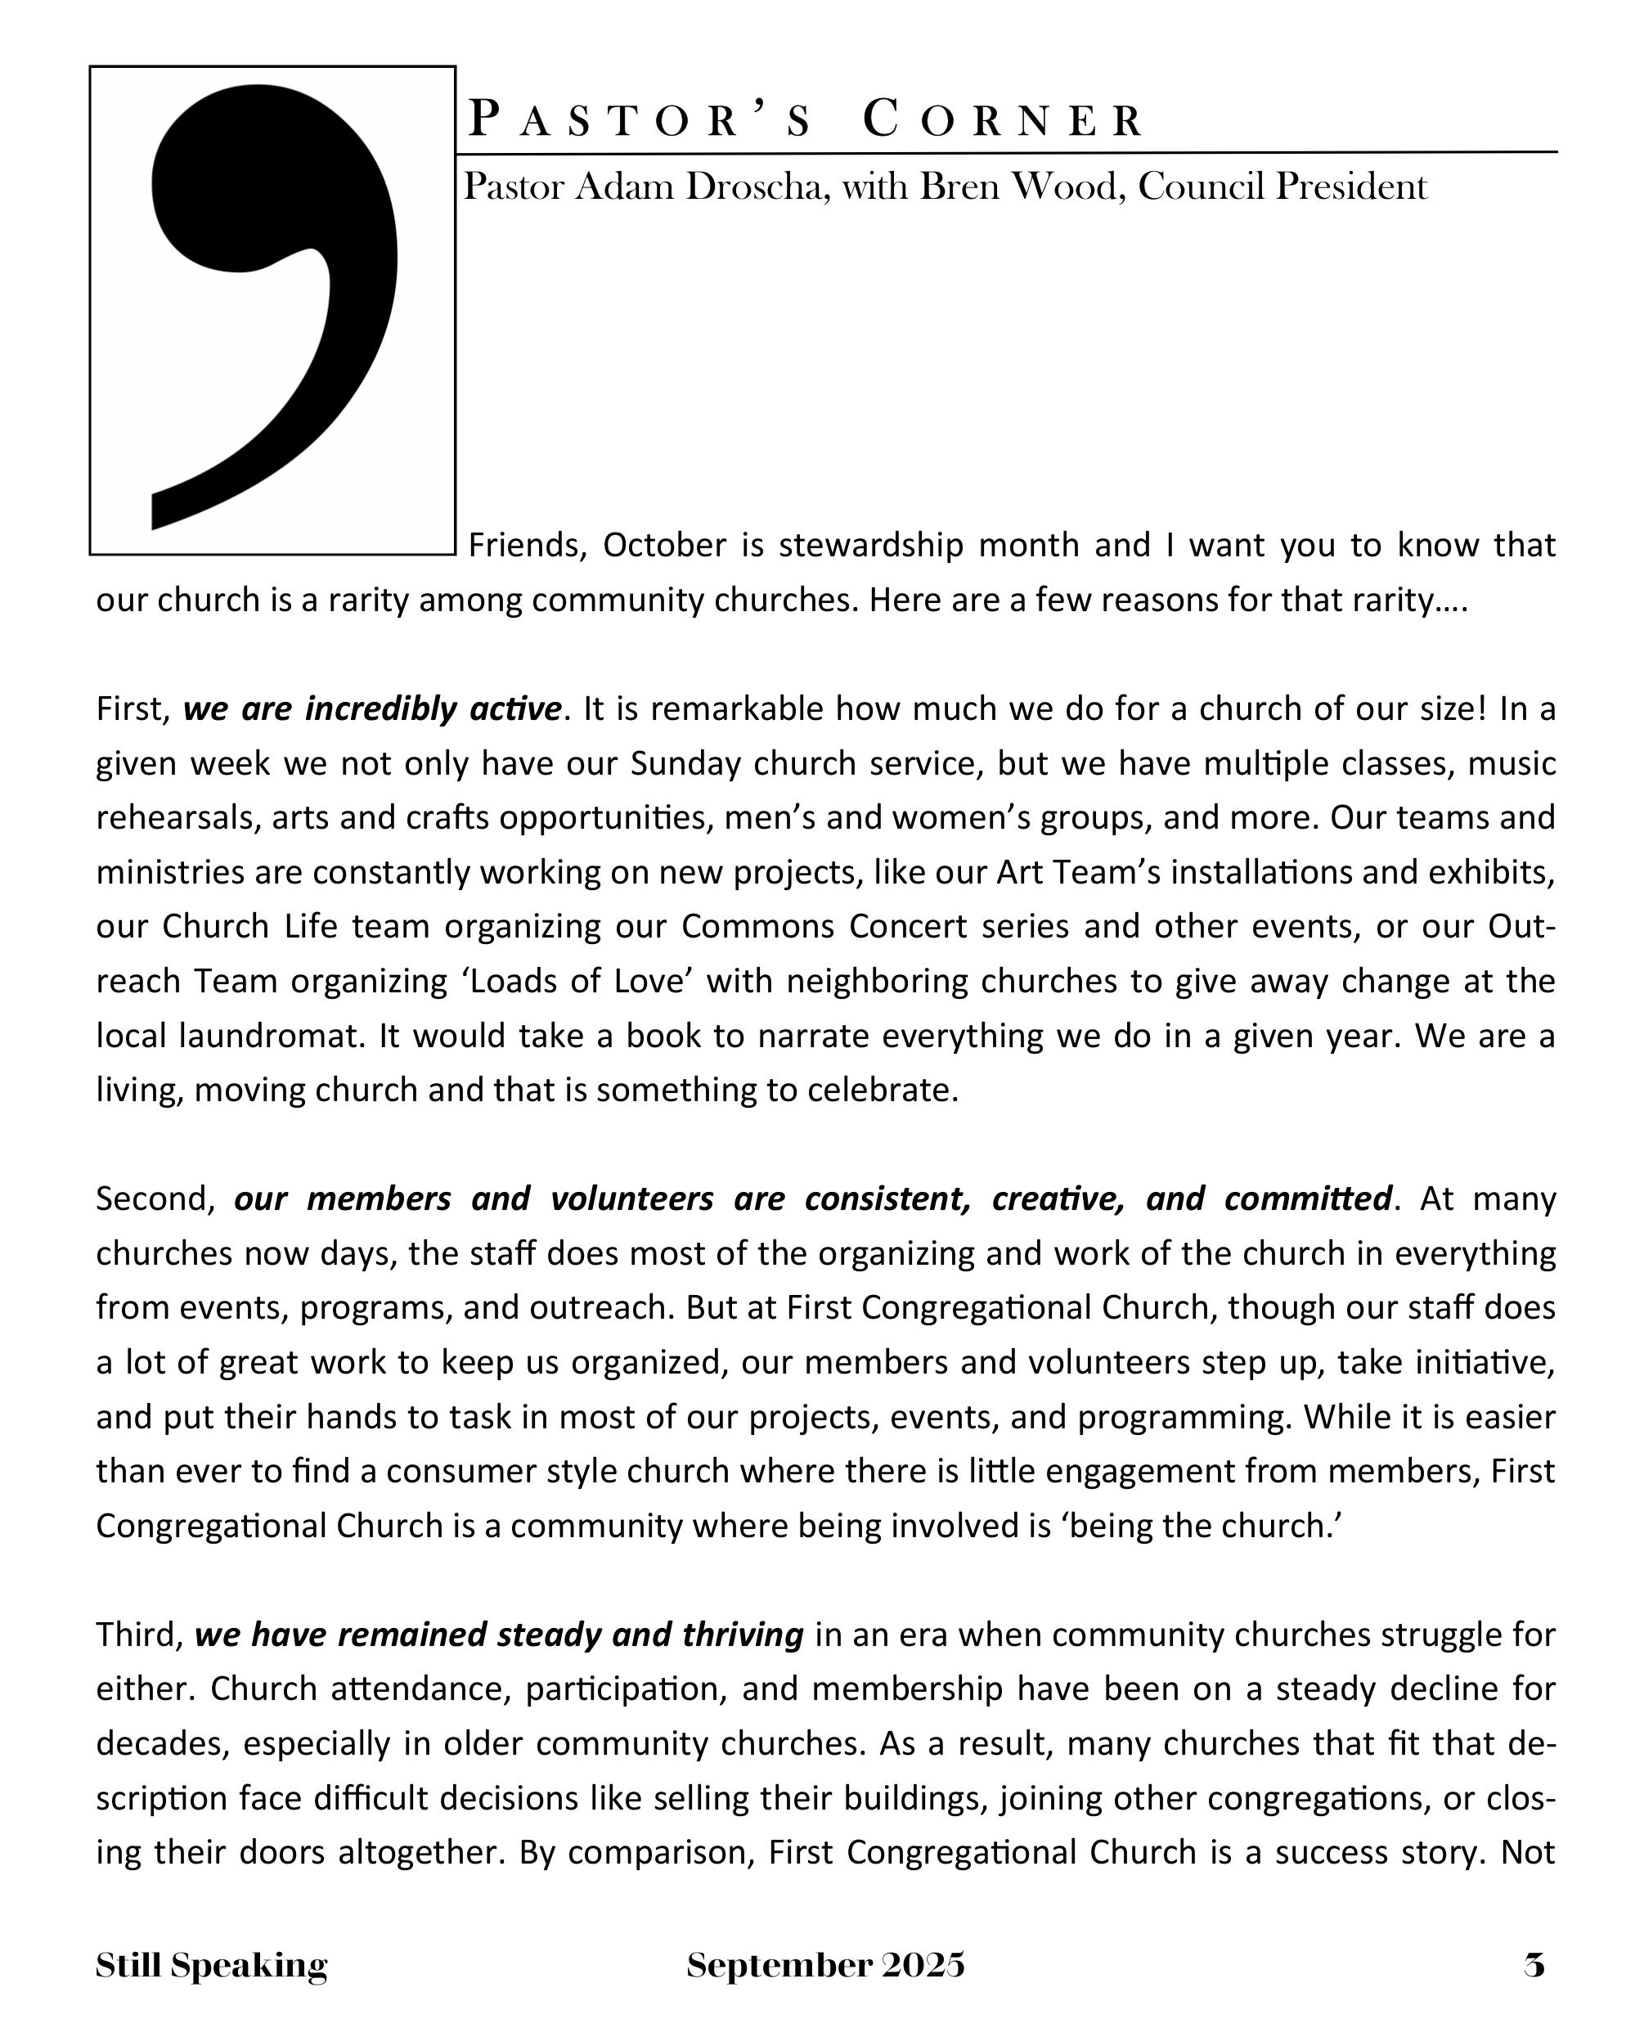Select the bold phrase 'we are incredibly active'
click(x=372, y=708)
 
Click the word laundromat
click(x=271, y=1036)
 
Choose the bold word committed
click(x=1308, y=1199)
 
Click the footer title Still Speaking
click(x=211, y=1966)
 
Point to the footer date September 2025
click(x=826, y=1966)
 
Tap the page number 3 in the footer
click(x=1535, y=1966)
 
